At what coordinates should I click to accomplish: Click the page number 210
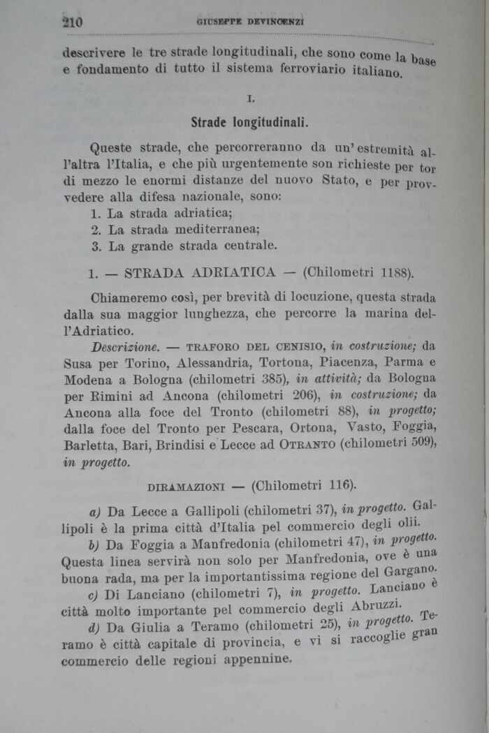(72, 22)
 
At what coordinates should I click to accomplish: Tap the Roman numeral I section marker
(250, 99)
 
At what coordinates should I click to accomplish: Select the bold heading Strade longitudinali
(249, 122)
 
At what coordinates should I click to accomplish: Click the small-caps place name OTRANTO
(307, 445)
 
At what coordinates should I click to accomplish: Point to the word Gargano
(417, 572)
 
